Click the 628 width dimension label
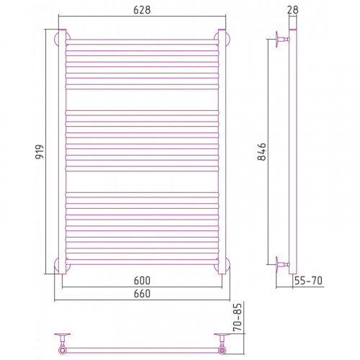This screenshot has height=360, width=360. coord(142,10)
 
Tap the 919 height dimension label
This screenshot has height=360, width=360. coord(40,151)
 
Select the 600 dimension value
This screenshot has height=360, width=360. coord(142,280)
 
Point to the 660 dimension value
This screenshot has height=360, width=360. coord(142,294)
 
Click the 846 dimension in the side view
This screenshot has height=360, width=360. coord(261,152)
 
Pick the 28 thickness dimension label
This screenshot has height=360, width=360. coord(292,10)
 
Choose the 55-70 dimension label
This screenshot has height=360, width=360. coord(308,280)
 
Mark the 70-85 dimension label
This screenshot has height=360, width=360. coord(238,318)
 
